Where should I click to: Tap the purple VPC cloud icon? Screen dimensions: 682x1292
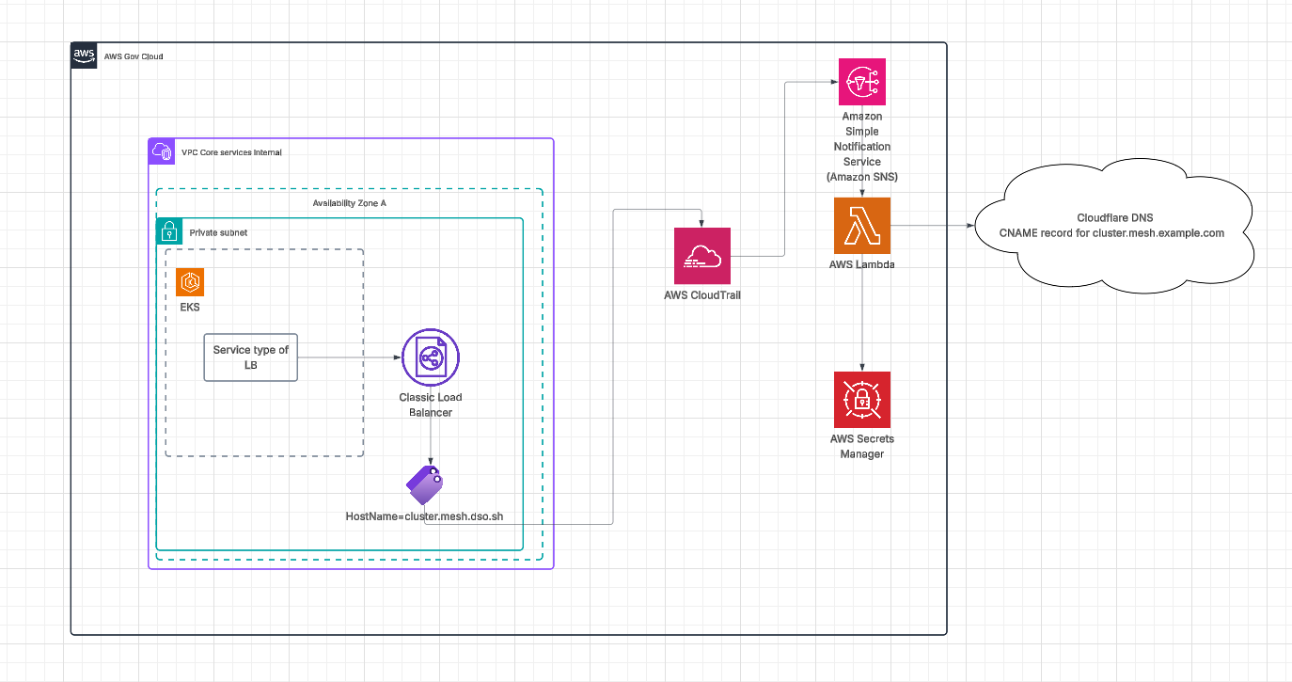(x=162, y=151)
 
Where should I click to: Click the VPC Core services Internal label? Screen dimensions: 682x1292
(x=231, y=152)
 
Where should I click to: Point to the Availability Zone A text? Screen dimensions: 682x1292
(x=349, y=203)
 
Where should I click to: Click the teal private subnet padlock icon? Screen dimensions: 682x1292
(x=169, y=231)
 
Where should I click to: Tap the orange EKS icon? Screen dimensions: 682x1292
(x=190, y=282)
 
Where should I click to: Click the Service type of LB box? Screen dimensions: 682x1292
(x=251, y=357)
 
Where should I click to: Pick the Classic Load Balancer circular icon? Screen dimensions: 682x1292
(x=431, y=357)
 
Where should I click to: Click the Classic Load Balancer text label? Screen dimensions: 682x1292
(x=431, y=404)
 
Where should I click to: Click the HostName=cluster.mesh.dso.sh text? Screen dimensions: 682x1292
(x=425, y=516)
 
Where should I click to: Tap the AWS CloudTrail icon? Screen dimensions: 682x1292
(x=702, y=256)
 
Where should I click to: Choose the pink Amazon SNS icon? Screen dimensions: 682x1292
(x=862, y=82)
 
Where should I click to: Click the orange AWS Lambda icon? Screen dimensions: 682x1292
(x=862, y=226)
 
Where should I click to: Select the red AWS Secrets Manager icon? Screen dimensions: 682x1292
(x=862, y=400)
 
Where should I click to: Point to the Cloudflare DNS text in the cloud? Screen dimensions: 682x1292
(x=1111, y=217)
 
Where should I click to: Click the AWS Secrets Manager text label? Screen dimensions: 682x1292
(x=862, y=446)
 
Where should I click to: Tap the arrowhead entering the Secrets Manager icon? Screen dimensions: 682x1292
(x=862, y=367)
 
